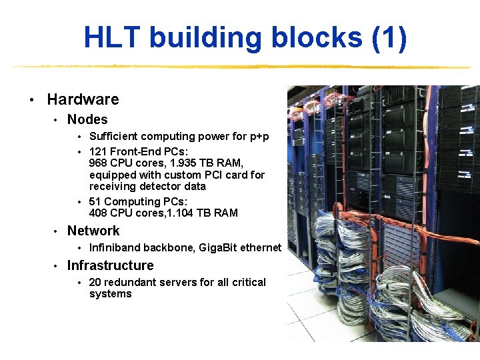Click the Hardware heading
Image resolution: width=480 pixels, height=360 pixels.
[x=83, y=99]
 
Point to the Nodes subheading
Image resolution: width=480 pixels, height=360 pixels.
[x=87, y=119]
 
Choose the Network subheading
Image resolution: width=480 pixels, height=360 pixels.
[x=93, y=231]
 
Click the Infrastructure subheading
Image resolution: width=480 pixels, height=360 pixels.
[x=110, y=265]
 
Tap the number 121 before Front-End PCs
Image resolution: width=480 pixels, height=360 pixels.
[x=98, y=151]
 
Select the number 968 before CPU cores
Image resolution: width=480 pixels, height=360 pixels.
[x=99, y=163]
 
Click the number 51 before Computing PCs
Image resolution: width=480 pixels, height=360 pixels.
[x=95, y=201]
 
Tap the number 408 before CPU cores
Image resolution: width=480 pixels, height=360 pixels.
[x=99, y=213]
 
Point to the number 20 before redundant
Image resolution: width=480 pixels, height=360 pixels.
[x=95, y=282]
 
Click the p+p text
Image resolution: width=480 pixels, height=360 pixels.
[x=259, y=136]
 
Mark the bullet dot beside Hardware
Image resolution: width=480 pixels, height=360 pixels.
[x=31, y=100]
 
